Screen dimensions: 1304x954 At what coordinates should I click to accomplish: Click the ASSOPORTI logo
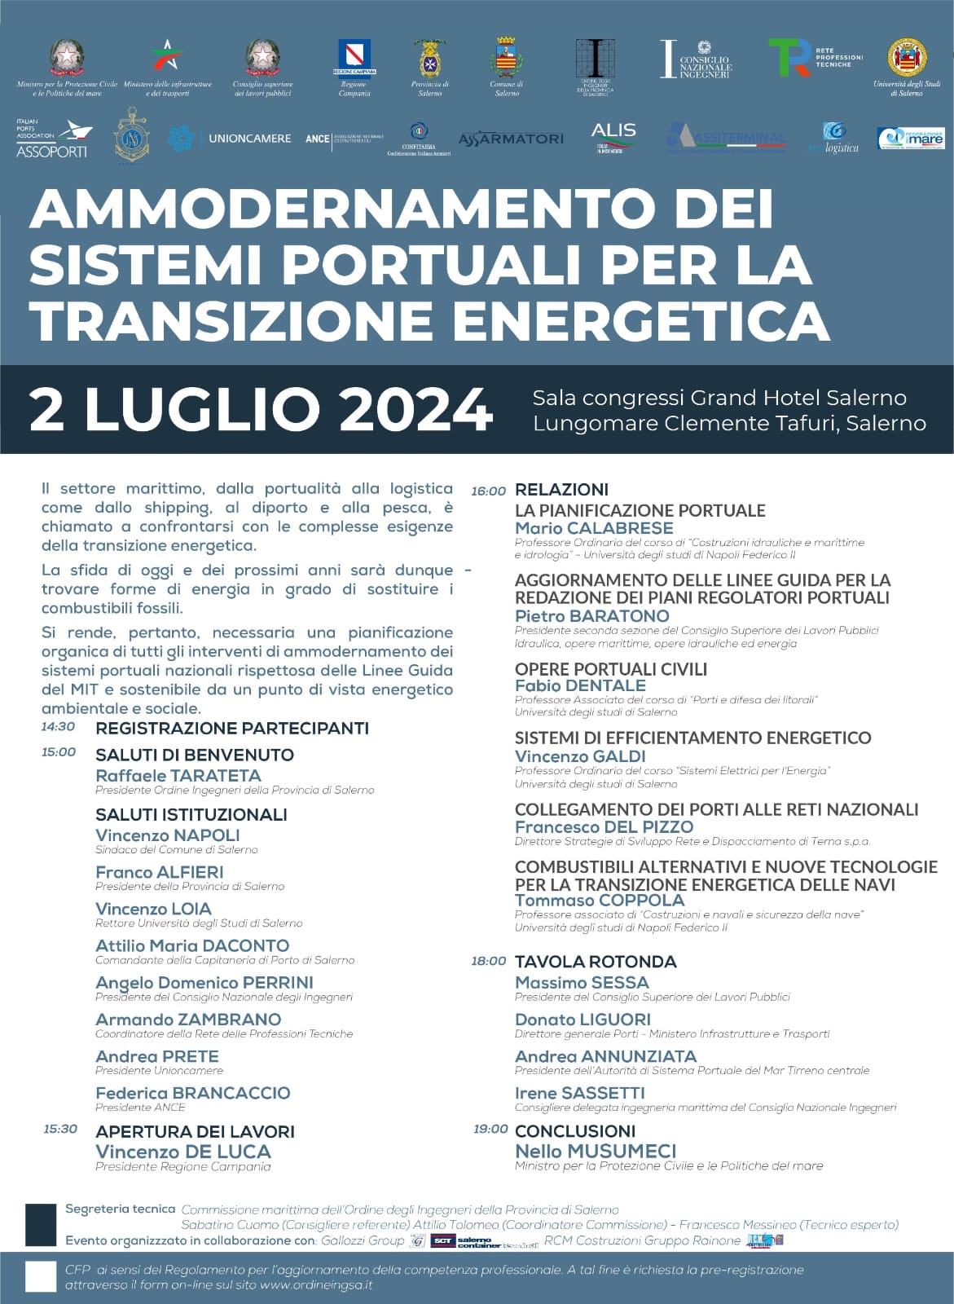pos(53,138)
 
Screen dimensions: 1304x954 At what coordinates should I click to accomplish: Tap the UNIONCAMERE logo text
pos(249,139)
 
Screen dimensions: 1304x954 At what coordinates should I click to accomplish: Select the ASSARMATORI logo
pos(511,139)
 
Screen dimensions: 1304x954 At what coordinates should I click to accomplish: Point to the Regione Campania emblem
pos(354,58)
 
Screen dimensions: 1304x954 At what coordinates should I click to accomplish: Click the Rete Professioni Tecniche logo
pos(814,58)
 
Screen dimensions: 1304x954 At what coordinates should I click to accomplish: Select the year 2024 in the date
pos(415,410)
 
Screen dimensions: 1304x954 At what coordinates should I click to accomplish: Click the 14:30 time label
pos(58,727)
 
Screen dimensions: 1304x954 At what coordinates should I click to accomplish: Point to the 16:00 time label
pos(488,491)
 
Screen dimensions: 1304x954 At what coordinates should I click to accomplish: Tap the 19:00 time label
pos(490,1130)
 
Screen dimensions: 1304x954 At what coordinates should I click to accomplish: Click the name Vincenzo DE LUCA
pos(183,1152)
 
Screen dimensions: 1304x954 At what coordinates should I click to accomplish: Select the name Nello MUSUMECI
pos(596,1151)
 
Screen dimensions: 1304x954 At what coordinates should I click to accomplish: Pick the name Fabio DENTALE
pos(580,685)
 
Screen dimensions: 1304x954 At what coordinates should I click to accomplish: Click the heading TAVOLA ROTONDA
pos(596,962)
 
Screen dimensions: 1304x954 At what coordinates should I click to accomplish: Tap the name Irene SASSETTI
pos(579,1093)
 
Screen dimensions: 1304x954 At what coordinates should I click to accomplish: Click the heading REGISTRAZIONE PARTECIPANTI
pos(232,728)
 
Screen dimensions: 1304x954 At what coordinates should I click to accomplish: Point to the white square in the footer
pos(40,1276)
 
